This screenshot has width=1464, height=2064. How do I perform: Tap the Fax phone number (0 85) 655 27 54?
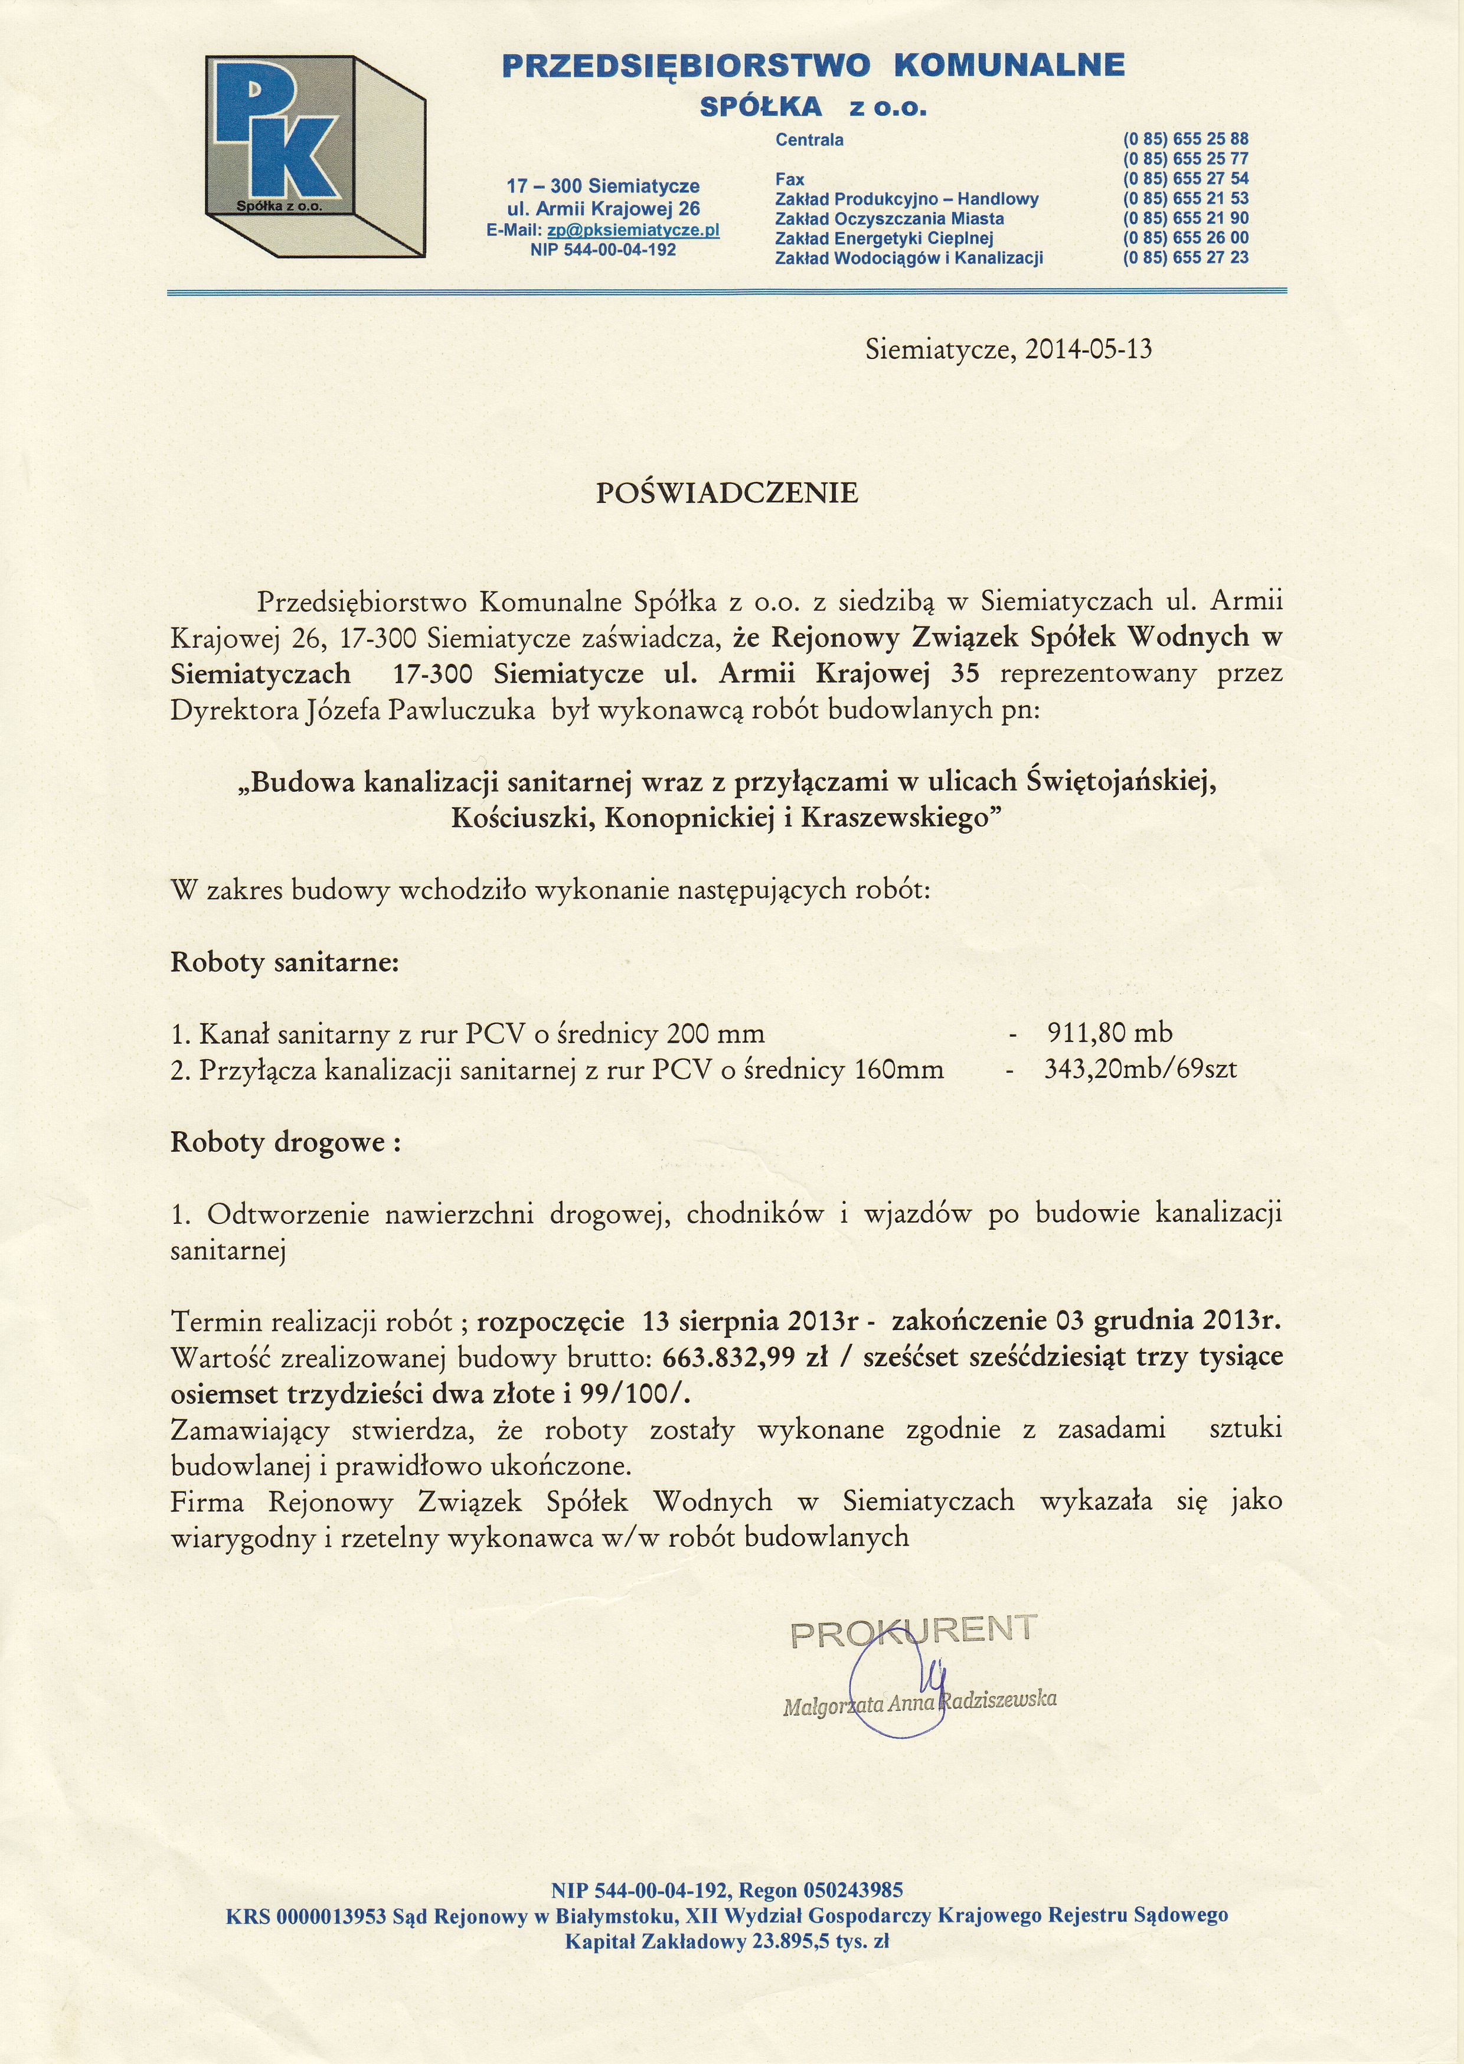tap(1185, 178)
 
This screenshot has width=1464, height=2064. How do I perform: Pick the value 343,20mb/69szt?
tap(1141, 1070)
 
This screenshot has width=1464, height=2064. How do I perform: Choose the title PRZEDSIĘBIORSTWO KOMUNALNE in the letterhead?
tap(813, 66)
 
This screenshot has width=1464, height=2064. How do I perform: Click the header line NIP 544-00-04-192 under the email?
tap(603, 250)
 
